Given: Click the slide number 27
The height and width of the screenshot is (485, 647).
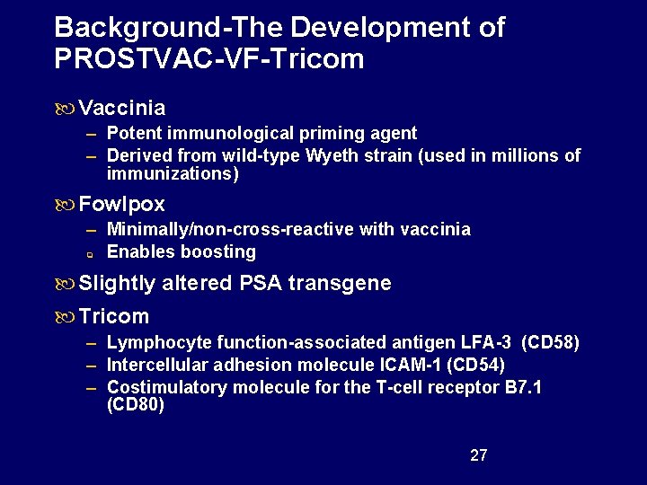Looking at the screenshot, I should tap(479, 455).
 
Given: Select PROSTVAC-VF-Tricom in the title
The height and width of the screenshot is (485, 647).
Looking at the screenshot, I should tap(209, 59).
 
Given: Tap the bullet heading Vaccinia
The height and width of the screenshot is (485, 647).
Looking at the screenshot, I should tap(122, 109).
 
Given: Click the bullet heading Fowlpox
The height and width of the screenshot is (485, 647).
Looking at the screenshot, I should tap(122, 205).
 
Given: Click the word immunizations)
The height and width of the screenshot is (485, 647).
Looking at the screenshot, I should tap(173, 174).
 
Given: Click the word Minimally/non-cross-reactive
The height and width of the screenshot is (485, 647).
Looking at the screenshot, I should tap(230, 229).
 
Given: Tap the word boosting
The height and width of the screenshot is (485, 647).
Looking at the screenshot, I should tap(219, 251).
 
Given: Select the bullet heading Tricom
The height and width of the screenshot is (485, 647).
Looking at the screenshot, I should tap(114, 316).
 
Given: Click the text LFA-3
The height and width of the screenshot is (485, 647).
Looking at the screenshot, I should tap(484, 342).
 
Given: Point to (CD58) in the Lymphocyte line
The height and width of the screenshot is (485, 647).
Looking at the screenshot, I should tap(551, 342).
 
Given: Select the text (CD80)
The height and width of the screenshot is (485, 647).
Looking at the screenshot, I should tap(135, 405).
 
